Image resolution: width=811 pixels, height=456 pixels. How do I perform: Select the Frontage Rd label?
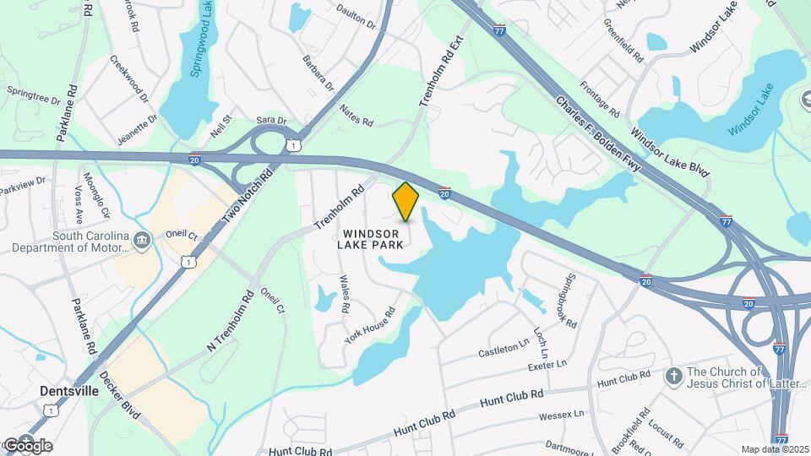601,99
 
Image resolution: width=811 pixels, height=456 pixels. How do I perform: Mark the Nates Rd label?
356,115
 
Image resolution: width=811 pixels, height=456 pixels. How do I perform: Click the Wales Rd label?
344,294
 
